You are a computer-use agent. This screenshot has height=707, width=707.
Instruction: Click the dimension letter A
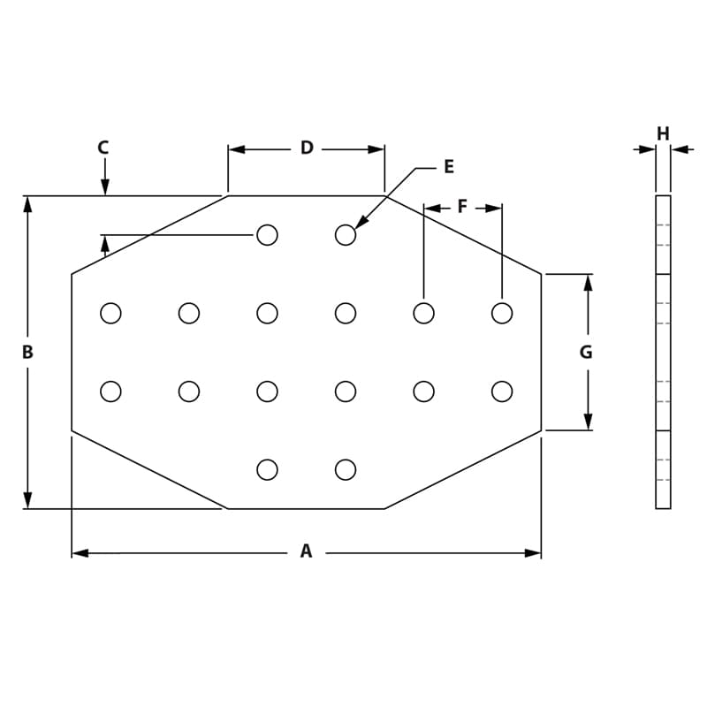click(x=306, y=551)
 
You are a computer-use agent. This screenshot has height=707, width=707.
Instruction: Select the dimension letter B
click(x=27, y=352)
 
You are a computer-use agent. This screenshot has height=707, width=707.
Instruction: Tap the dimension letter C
click(x=103, y=148)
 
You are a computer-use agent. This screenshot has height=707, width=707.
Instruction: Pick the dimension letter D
click(x=307, y=148)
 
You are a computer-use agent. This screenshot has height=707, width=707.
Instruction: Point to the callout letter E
click(x=448, y=167)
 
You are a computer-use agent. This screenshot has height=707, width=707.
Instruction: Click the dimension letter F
click(x=462, y=207)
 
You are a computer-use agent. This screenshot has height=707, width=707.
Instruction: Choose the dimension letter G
click(x=586, y=352)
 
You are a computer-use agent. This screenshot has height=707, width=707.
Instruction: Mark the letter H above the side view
click(x=663, y=134)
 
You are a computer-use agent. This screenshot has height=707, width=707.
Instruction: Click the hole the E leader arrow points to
click(x=346, y=235)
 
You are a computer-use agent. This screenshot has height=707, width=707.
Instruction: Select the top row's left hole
click(x=267, y=235)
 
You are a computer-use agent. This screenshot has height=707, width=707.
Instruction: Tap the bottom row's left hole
click(x=267, y=469)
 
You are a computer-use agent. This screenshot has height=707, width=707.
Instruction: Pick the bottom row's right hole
click(x=346, y=469)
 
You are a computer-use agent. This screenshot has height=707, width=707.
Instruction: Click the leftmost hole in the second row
click(x=110, y=313)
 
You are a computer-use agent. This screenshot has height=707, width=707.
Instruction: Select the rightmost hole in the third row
click(x=502, y=391)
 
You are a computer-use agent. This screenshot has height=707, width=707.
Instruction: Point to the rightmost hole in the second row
click(x=502, y=313)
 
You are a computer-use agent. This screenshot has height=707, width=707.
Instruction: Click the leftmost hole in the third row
click(x=110, y=391)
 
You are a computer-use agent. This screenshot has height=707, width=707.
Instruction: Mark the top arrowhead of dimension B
click(x=27, y=204)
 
